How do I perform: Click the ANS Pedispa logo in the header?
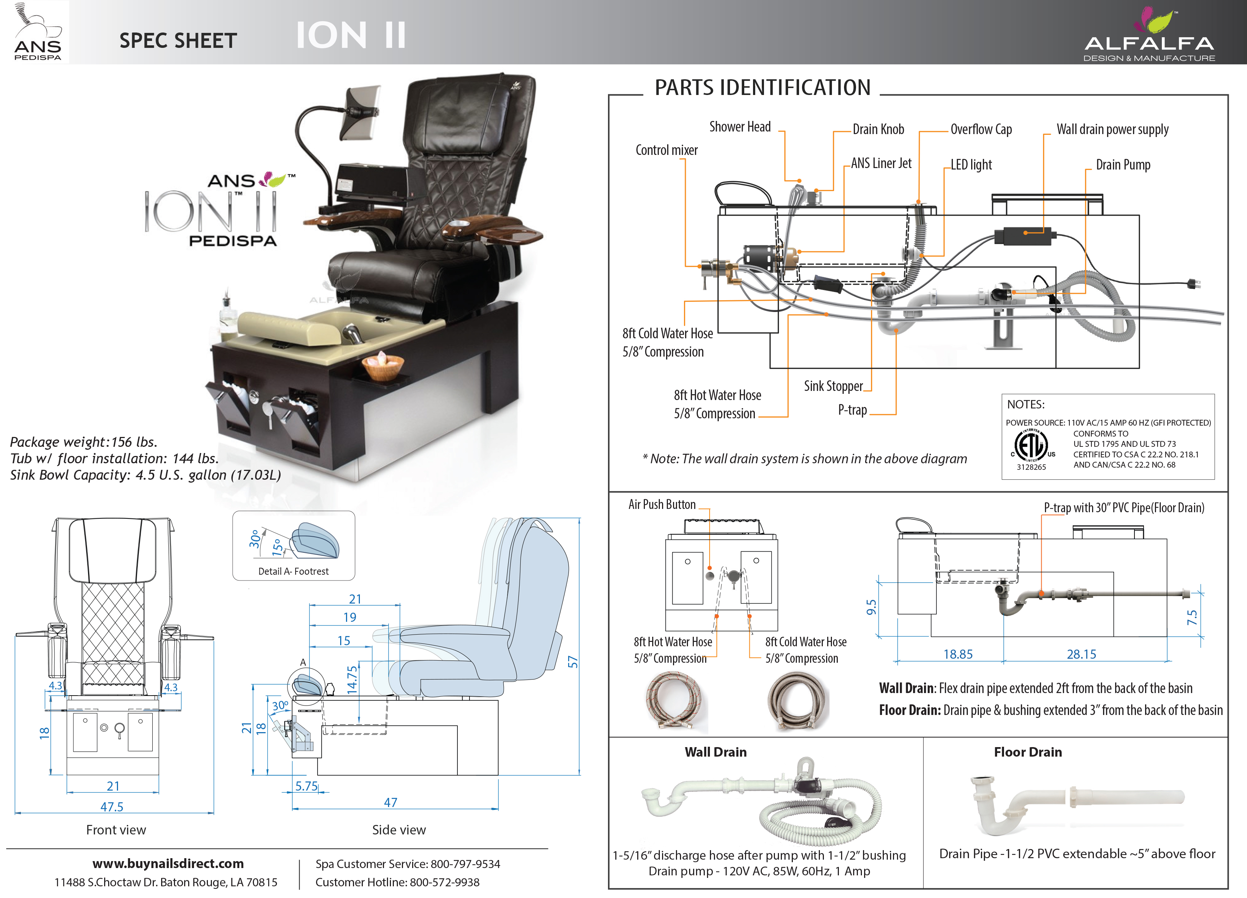37,32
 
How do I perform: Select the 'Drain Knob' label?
878,130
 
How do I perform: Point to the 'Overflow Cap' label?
981,130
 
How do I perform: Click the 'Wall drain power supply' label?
1112,130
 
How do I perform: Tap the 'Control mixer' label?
666,150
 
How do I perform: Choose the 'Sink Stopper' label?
833,386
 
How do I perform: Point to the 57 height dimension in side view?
573,662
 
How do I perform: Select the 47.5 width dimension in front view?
111,807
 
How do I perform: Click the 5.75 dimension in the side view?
306,786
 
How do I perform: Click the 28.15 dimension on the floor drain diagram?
1081,654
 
